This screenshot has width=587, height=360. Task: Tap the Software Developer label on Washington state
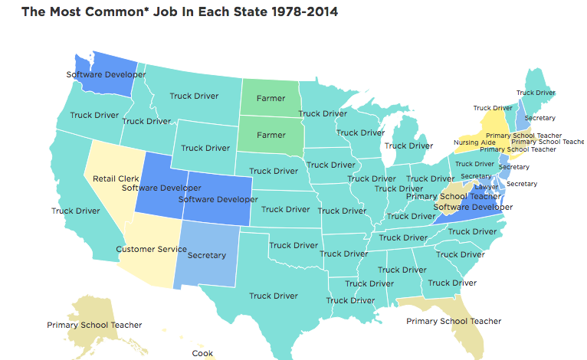(x=106, y=74)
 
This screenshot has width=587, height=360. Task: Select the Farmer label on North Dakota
(x=271, y=99)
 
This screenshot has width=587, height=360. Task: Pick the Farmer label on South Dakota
(x=271, y=135)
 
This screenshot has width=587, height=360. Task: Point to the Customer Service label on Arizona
(x=152, y=249)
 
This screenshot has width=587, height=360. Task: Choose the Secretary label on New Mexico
(x=206, y=255)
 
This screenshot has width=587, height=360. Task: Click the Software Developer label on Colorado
(x=218, y=200)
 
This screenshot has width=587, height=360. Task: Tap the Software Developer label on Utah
(x=161, y=188)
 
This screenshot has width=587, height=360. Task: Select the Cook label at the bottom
(x=202, y=353)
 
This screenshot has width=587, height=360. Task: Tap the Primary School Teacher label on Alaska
(x=94, y=325)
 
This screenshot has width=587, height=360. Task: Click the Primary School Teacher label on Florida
(x=454, y=321)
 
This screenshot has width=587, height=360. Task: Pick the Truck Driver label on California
(x=76, y=211)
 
